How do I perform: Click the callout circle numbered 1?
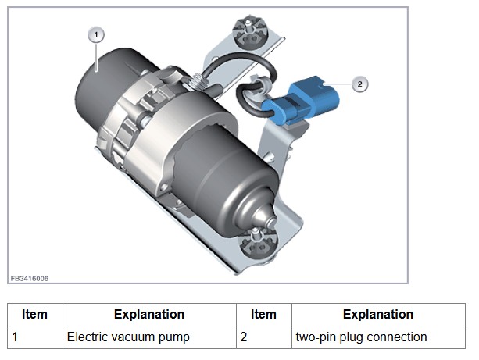(x=96, y=34)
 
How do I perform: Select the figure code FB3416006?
(x=30, y=277)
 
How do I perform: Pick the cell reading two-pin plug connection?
(x=361, y=337)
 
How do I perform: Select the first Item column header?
(x=34, y=315)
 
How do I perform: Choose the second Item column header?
(x=263, y=315)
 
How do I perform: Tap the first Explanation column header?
(x=149, y=315)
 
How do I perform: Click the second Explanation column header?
(x=378, y=315)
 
